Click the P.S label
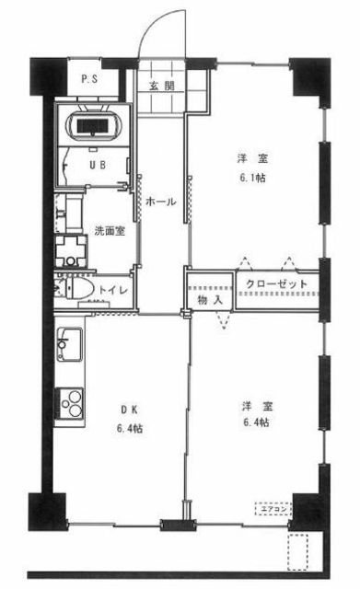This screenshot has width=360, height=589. coord(90,79)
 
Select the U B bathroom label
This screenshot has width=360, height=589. coord(95,166)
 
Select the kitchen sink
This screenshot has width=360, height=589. coord(68,348)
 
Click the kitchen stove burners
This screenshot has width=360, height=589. coord(70,402)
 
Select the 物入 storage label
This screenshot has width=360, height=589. coord(210,299)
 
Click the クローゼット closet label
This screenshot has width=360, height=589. coord(276,285)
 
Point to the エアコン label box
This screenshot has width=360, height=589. coord(274,507)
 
